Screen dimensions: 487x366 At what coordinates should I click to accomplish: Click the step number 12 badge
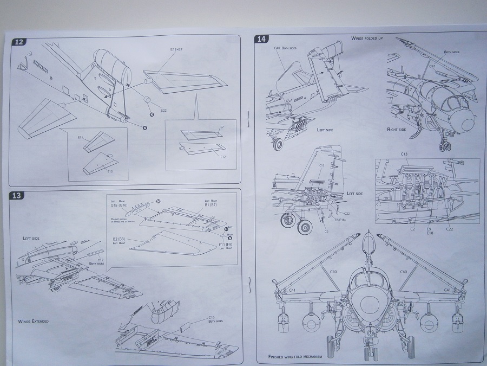[19, 42]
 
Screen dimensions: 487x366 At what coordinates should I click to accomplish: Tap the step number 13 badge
[16, 196]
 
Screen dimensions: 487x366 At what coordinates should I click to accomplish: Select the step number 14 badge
[261, 39]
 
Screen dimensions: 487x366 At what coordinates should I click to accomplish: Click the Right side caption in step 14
[397, 130]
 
